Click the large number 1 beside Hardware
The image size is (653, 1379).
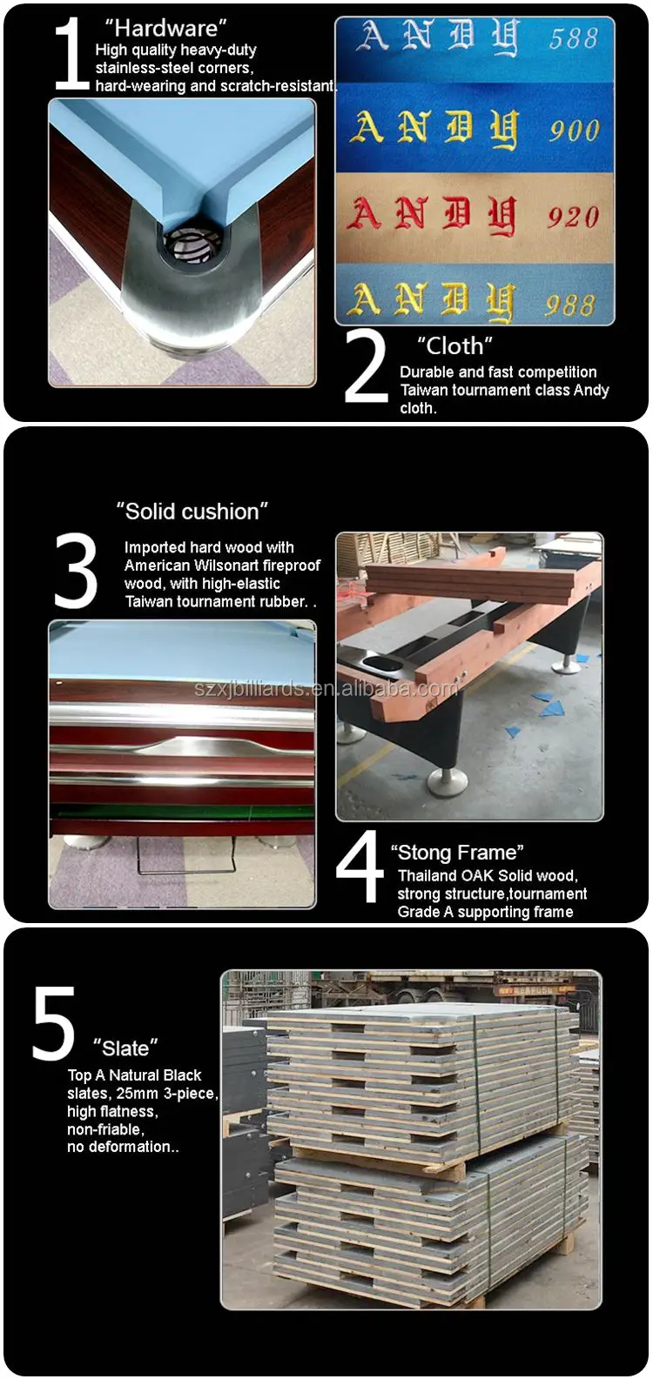point(71,54)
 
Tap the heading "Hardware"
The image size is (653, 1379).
point(165,29)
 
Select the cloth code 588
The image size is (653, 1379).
point(573,38)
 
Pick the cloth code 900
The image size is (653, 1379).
point(574,131)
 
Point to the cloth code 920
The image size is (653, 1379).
point(573,217)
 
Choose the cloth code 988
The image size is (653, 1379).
point(570,305)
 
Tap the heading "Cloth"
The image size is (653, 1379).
point(454,346)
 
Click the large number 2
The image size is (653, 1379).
point(366,366)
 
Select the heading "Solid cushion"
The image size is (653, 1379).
point(192,512)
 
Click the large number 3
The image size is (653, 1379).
point(76,571)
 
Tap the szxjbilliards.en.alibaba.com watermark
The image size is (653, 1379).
point(326,689)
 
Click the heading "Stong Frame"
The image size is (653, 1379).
point(457,853)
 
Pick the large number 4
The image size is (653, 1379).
point(360,867)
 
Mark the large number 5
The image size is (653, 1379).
point(54,1023)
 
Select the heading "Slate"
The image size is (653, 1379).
point(126,1048)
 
